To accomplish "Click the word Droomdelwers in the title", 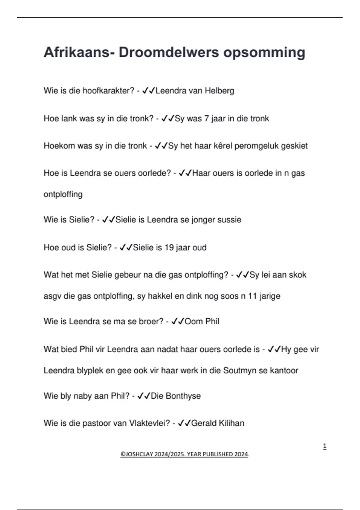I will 169,52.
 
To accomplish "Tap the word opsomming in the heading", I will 264,52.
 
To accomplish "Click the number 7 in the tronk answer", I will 206,118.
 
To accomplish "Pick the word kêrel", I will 223,146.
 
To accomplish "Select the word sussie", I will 229,220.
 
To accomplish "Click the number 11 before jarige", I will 252,296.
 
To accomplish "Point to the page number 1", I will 325,446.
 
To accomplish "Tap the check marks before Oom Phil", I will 177,321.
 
